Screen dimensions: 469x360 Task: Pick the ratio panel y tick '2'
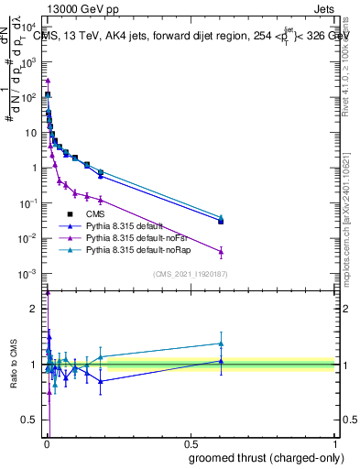pyautogui.click(x=36, y=308)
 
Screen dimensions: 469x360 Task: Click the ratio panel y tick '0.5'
pyautogui.click(x=30, y=422)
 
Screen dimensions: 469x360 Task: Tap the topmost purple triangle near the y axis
pyautogui.click(x=48, y=81)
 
